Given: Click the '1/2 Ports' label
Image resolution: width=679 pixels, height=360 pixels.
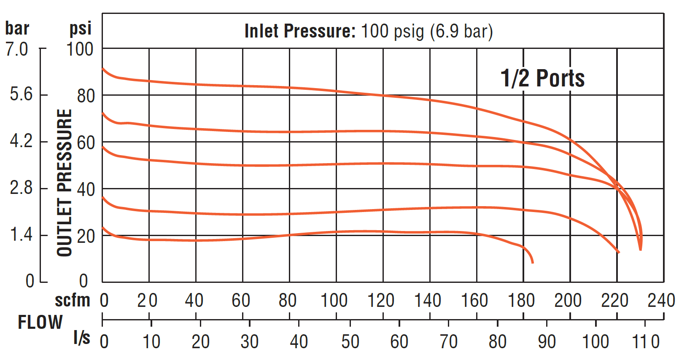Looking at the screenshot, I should pyautogui.click(x=542, y=78).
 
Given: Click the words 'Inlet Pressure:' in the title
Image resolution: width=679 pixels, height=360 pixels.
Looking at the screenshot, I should pyautogui.click(x=300, y=31).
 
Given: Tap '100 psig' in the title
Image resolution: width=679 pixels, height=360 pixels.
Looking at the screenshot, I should pyautogui.click(x=392, y=31).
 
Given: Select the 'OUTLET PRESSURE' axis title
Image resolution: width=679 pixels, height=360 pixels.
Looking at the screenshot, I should pyautogui.click(x=65, y=183).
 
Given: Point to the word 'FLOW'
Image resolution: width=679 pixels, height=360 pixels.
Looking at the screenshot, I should pyautogui.click(x=40, y=322).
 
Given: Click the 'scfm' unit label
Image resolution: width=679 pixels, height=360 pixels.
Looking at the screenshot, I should pyautogui.click(x=73, y=301).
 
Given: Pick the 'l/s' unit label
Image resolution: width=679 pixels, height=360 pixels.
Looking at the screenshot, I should pyautogui.click(x=81, y=338).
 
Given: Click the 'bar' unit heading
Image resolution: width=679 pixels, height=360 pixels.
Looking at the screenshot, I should pyautogui.click(x=17, y=29).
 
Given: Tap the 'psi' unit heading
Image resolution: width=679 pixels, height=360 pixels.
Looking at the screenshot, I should pyautogui.click(x=80, y=29).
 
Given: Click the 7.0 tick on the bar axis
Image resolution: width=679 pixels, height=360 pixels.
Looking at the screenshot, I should pyautogui.click(x=17, y=49).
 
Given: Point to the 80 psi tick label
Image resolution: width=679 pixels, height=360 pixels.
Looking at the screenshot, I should pyautogui.click(x=86, y=96).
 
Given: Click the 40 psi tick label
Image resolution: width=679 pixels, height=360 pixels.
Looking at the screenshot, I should pyautogui.click(x=86, y=190).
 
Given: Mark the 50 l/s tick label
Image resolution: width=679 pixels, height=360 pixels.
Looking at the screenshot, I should pyautogui.click(x=350, y=342).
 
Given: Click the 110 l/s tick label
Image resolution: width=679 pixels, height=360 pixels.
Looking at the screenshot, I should pyautogui.click(x=645, y=342).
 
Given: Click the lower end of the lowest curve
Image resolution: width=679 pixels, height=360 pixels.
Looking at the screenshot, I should pyautogui.click(x=533, y=263).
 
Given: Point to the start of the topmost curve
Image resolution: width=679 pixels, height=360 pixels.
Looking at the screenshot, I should pyautogui.click(x=103, y=68).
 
